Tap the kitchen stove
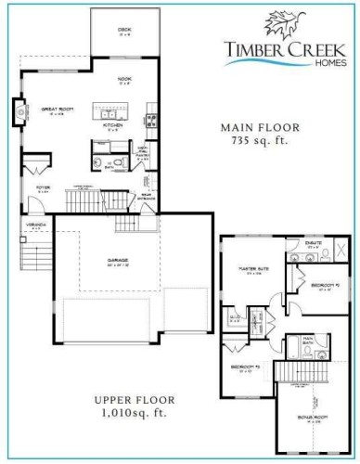pyautogui.click(x=152, y=119)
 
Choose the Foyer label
pyautogui.click(x=43, y=191)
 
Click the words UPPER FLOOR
pyautogui.click(x=135, y=400)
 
